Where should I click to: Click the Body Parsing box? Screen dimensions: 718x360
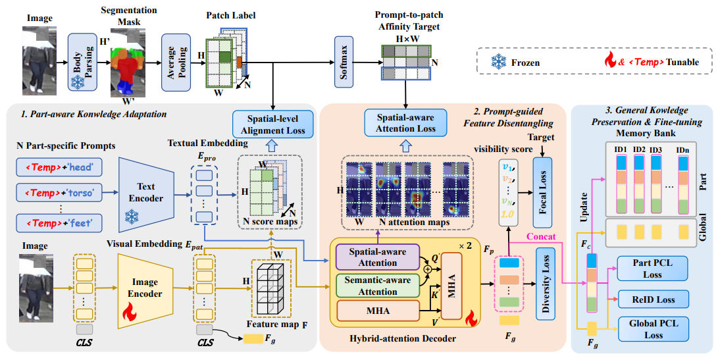pyautogui.click(x=83, y=62)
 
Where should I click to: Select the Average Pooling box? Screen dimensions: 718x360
pyautogui.click(x=176, y=62)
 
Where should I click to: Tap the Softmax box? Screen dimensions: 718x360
pyautogui.click(x=344, y=62)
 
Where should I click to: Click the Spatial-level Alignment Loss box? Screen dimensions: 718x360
pyautogui.click(x=273, y=124)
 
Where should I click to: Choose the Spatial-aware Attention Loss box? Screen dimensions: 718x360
pyautogui.click(x=405, y=123)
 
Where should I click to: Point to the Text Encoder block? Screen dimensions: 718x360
pyautogui.click(x=145, y=192)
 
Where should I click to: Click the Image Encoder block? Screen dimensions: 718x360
pyautogui.click(x=145, y=288)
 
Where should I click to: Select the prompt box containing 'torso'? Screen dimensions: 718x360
pyautogui.click(x=59, y=193)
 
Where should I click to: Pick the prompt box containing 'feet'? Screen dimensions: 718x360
pyautogui.click(x=59, y=223)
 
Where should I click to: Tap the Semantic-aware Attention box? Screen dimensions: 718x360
pyautogui.click(x=378, y=286)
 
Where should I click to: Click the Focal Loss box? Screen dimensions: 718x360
pyautogui.click(x=543, y=193)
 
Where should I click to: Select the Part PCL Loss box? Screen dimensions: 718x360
pyautogui.click(x=653, y=269)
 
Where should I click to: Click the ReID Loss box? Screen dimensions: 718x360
pyautogui.click(x=654, y=299)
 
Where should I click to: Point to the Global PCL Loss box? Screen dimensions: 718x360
pyautogui.click(x=654, y=329)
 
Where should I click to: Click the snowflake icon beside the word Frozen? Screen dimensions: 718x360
pyautogui.click(x=499, y=61)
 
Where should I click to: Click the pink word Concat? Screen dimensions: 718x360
pyautogui.click(x=541, y=237)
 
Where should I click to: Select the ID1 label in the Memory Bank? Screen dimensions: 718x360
pyautogui.click(x=621, y=150)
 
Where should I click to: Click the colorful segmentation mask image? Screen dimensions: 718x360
pyautogui.click(x=128, y=63)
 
